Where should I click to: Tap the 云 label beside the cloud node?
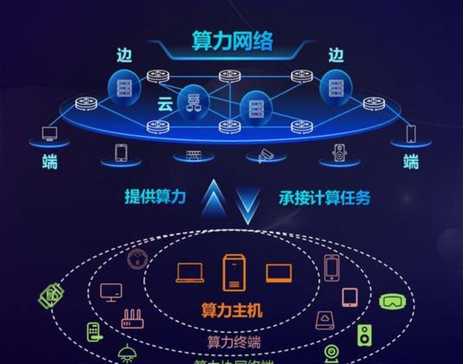pos(165,104)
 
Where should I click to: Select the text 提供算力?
pos(155,197)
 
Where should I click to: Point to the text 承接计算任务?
pos(325,198)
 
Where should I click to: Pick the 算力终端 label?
pos(234,342)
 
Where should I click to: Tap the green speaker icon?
pos(364,335)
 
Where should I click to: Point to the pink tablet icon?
pos(350,297)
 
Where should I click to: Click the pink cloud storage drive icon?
pos(325,320)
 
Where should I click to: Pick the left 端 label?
pos(50,162)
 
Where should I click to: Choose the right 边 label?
pos(336,55)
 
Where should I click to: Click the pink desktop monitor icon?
pos(111,292)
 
